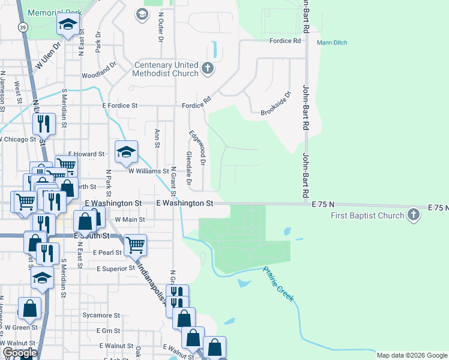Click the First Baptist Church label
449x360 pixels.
click(x=367, y=215)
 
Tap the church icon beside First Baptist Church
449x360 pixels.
click(x=413, y=215)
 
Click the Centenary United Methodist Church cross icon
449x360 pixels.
click(x=208, y=69)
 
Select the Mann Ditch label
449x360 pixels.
click(x=332, y=43)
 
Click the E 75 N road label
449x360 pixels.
click(x=323, y=205)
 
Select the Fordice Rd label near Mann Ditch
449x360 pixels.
click(x=285, y=41)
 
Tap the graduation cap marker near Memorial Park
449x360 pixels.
click(x=68, y=25)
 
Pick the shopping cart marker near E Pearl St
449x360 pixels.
click(x=136, y=244)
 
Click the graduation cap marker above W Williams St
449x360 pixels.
click(x=126, y=152)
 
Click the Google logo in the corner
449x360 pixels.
click(x=20, y=353)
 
